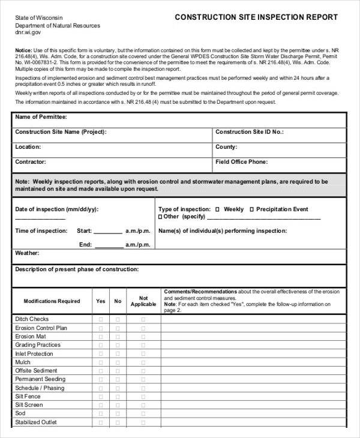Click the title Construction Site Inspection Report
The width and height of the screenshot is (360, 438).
point(256,17)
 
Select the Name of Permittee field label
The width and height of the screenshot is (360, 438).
point(41,117)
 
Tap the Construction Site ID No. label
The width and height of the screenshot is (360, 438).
point(250,132)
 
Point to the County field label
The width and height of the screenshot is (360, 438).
point(226,147)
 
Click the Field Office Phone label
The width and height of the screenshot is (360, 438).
point(241,162)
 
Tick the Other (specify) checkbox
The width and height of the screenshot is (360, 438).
point(160,217)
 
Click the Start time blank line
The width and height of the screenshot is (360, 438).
point(108,231)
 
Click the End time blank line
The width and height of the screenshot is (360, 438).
point(109,245)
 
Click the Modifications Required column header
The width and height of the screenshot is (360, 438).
point(52,301)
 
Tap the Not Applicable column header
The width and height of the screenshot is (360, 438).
point(143,301)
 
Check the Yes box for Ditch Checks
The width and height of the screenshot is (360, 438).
point(100,320)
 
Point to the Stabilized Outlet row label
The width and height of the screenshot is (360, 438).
point(35,422)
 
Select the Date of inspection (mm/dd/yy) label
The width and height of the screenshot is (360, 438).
point(56,209)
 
